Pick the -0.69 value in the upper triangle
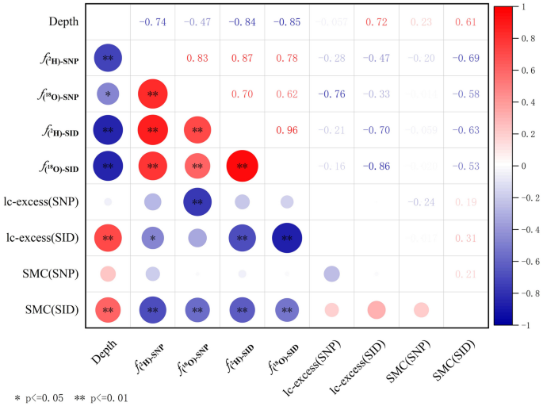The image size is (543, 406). click(x=465, y=58)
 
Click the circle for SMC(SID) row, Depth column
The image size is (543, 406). click(x=108, y=310)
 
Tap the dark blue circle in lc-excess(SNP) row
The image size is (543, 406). click(x=197, y=202)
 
